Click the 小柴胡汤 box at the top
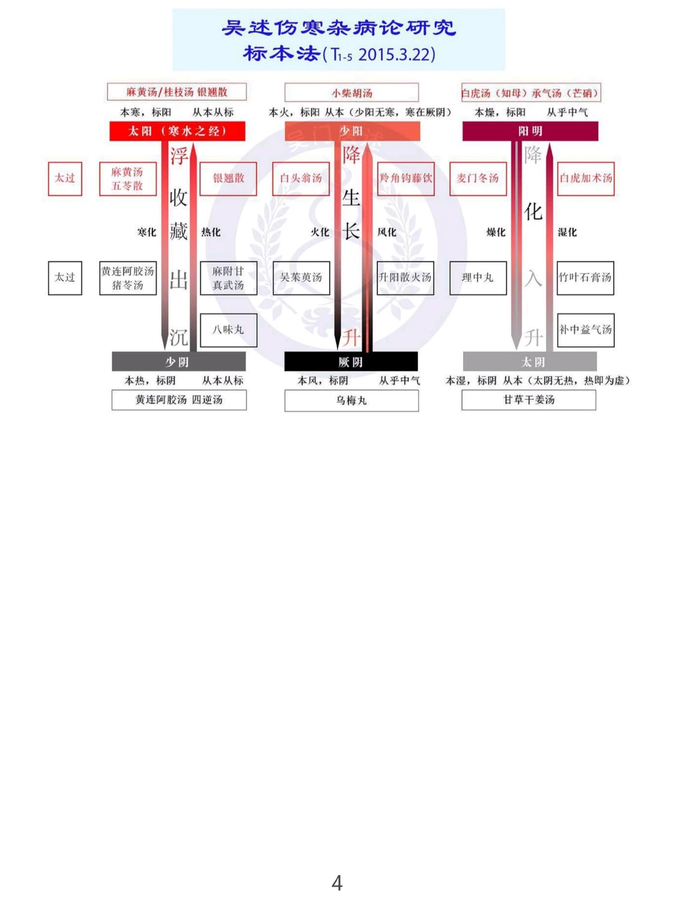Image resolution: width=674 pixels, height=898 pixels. tap(351, 92)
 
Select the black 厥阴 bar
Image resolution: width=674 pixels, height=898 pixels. tap(351, 362)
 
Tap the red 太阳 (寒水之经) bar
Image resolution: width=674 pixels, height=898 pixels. tap(177, 131)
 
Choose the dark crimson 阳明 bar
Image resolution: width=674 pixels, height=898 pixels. tap(530, 131)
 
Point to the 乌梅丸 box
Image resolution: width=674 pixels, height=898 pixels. tap(351, 400)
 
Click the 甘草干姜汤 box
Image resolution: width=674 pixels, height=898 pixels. tap(529, 400)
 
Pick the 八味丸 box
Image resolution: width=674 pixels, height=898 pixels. tap(228, 330)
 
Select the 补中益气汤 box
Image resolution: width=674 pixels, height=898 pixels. tap(585, 330)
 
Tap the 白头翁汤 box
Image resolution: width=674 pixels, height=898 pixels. tap(301, 178)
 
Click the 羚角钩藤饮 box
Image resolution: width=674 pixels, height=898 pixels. tap(406, 178)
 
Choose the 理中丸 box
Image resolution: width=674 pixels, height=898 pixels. tap(478, 278)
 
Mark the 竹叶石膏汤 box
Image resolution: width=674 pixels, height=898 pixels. tap(585, 278)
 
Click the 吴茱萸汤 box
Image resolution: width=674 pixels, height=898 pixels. tap(301, 278)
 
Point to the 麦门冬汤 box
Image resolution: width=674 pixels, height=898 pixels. tap(478, 178)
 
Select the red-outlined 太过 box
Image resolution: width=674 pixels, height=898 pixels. tap(65, 178)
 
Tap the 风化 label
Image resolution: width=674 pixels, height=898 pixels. tap(387, 232)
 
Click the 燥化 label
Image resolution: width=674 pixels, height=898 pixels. tap(496, 232)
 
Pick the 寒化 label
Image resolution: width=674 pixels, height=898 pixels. tap(147, 232)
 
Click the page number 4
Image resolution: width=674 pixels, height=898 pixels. tap(337, 882)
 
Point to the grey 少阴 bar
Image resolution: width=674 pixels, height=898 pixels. tap(178, 362)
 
